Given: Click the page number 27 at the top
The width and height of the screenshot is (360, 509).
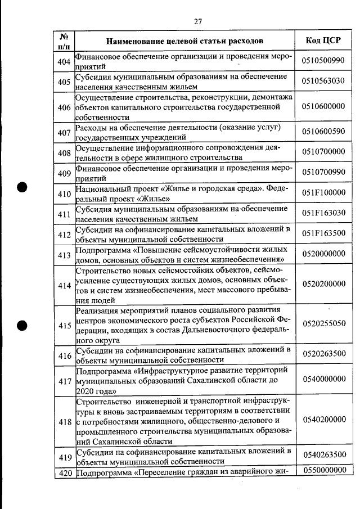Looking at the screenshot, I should pyautogui.click(x=197, y=21).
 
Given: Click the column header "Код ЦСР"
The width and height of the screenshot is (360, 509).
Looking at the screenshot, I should pyautogui.click(x=323, y=40).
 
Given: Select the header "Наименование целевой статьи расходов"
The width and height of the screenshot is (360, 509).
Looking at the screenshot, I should pyautogui.click(x=184, y=41).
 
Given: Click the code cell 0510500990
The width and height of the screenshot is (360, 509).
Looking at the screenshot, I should pyautogui.click(x=323, y=61).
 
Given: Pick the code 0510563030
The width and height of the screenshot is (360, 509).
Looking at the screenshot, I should pyautogui.click(x=323, y=81).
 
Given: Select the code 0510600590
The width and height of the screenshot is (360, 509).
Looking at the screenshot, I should pyautogui.click(x=323, y=132).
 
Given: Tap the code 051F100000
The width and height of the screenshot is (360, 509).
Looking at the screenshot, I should pyautogui.click(x=323, y=192).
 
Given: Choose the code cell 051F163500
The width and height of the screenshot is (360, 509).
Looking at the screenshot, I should pyautogui.click(x=323, y=233).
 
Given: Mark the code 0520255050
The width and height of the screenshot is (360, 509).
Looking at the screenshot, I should pyautogui.click(x=323, y=324).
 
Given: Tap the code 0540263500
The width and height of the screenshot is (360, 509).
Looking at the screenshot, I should pyautogui.click(x=323, y=455).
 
